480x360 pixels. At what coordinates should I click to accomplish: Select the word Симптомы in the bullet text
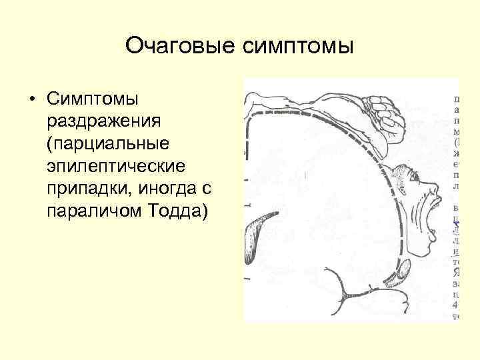pyautogui.click(x=93, y=99)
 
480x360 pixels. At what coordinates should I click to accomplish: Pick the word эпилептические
pyautogui.click(x=110, y=166)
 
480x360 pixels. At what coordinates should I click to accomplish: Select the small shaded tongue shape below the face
pyautogui.click(x=404, y=271)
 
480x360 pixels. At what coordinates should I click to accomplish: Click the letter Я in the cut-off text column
pyautogui.click(x=457, y=271)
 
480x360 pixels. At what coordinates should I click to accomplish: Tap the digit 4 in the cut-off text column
pyautogui.click(x=457, y=304)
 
